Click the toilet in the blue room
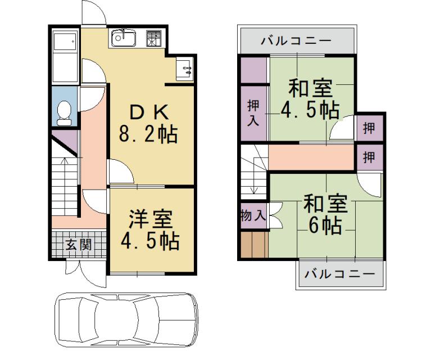coord(64,113)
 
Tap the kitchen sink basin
coord(124,38)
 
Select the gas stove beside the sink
coord(153,38)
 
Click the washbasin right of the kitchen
coord(184,69)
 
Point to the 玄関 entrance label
coord(79,244)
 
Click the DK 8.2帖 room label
coord(148,124)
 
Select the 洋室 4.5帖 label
coord(150,229)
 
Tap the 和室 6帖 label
coord(325,214)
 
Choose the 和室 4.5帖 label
coord(310,99)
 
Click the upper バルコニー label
coord(296,41)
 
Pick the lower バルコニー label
coord(340,274)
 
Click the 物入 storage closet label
coord(253,215)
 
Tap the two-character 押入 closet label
coord(253,113)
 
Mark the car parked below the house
coord(126,319)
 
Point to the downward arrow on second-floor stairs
coord(254,176)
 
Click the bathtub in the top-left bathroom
coord(65,56)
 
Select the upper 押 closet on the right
coord(370,128)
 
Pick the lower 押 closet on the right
coord(370,157)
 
